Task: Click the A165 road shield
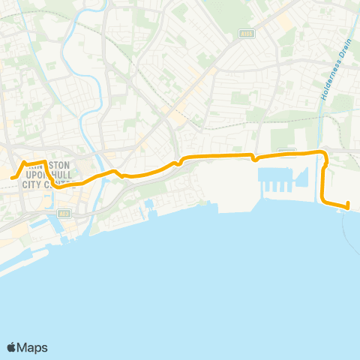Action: tap(247, 33)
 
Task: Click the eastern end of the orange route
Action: tap(348, 205)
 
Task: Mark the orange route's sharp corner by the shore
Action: tap(323, 199)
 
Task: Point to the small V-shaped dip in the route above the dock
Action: tap(255, 159)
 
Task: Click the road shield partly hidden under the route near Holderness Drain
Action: tap(288, 151)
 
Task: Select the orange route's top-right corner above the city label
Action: tap(45, 162)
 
